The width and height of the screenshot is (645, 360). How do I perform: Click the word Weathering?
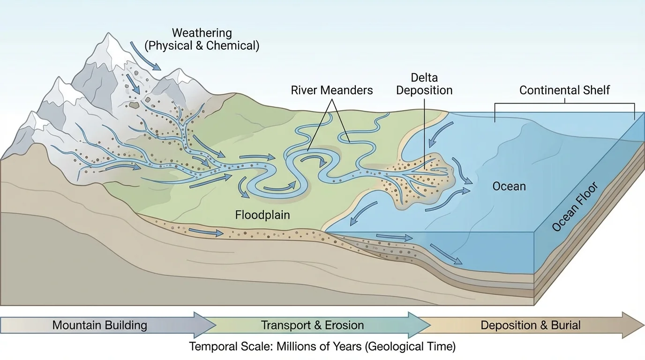pyautogui.click(x=202, y=33)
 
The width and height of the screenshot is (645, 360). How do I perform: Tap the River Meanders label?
pyautogui.click(x=332, y=90)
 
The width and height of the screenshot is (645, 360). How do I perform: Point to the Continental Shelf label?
pyautogui.click(x=564, y=90)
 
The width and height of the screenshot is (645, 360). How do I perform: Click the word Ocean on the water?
pyautogui.click(x=509, y=186)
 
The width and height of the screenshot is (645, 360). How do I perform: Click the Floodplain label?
pyautogui.click(x=262, y=215)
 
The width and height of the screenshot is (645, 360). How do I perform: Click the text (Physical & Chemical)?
pyautogui.click(x=202, y=46)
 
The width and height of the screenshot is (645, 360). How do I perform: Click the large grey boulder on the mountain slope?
pyautogui.click(x=135, y=105)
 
